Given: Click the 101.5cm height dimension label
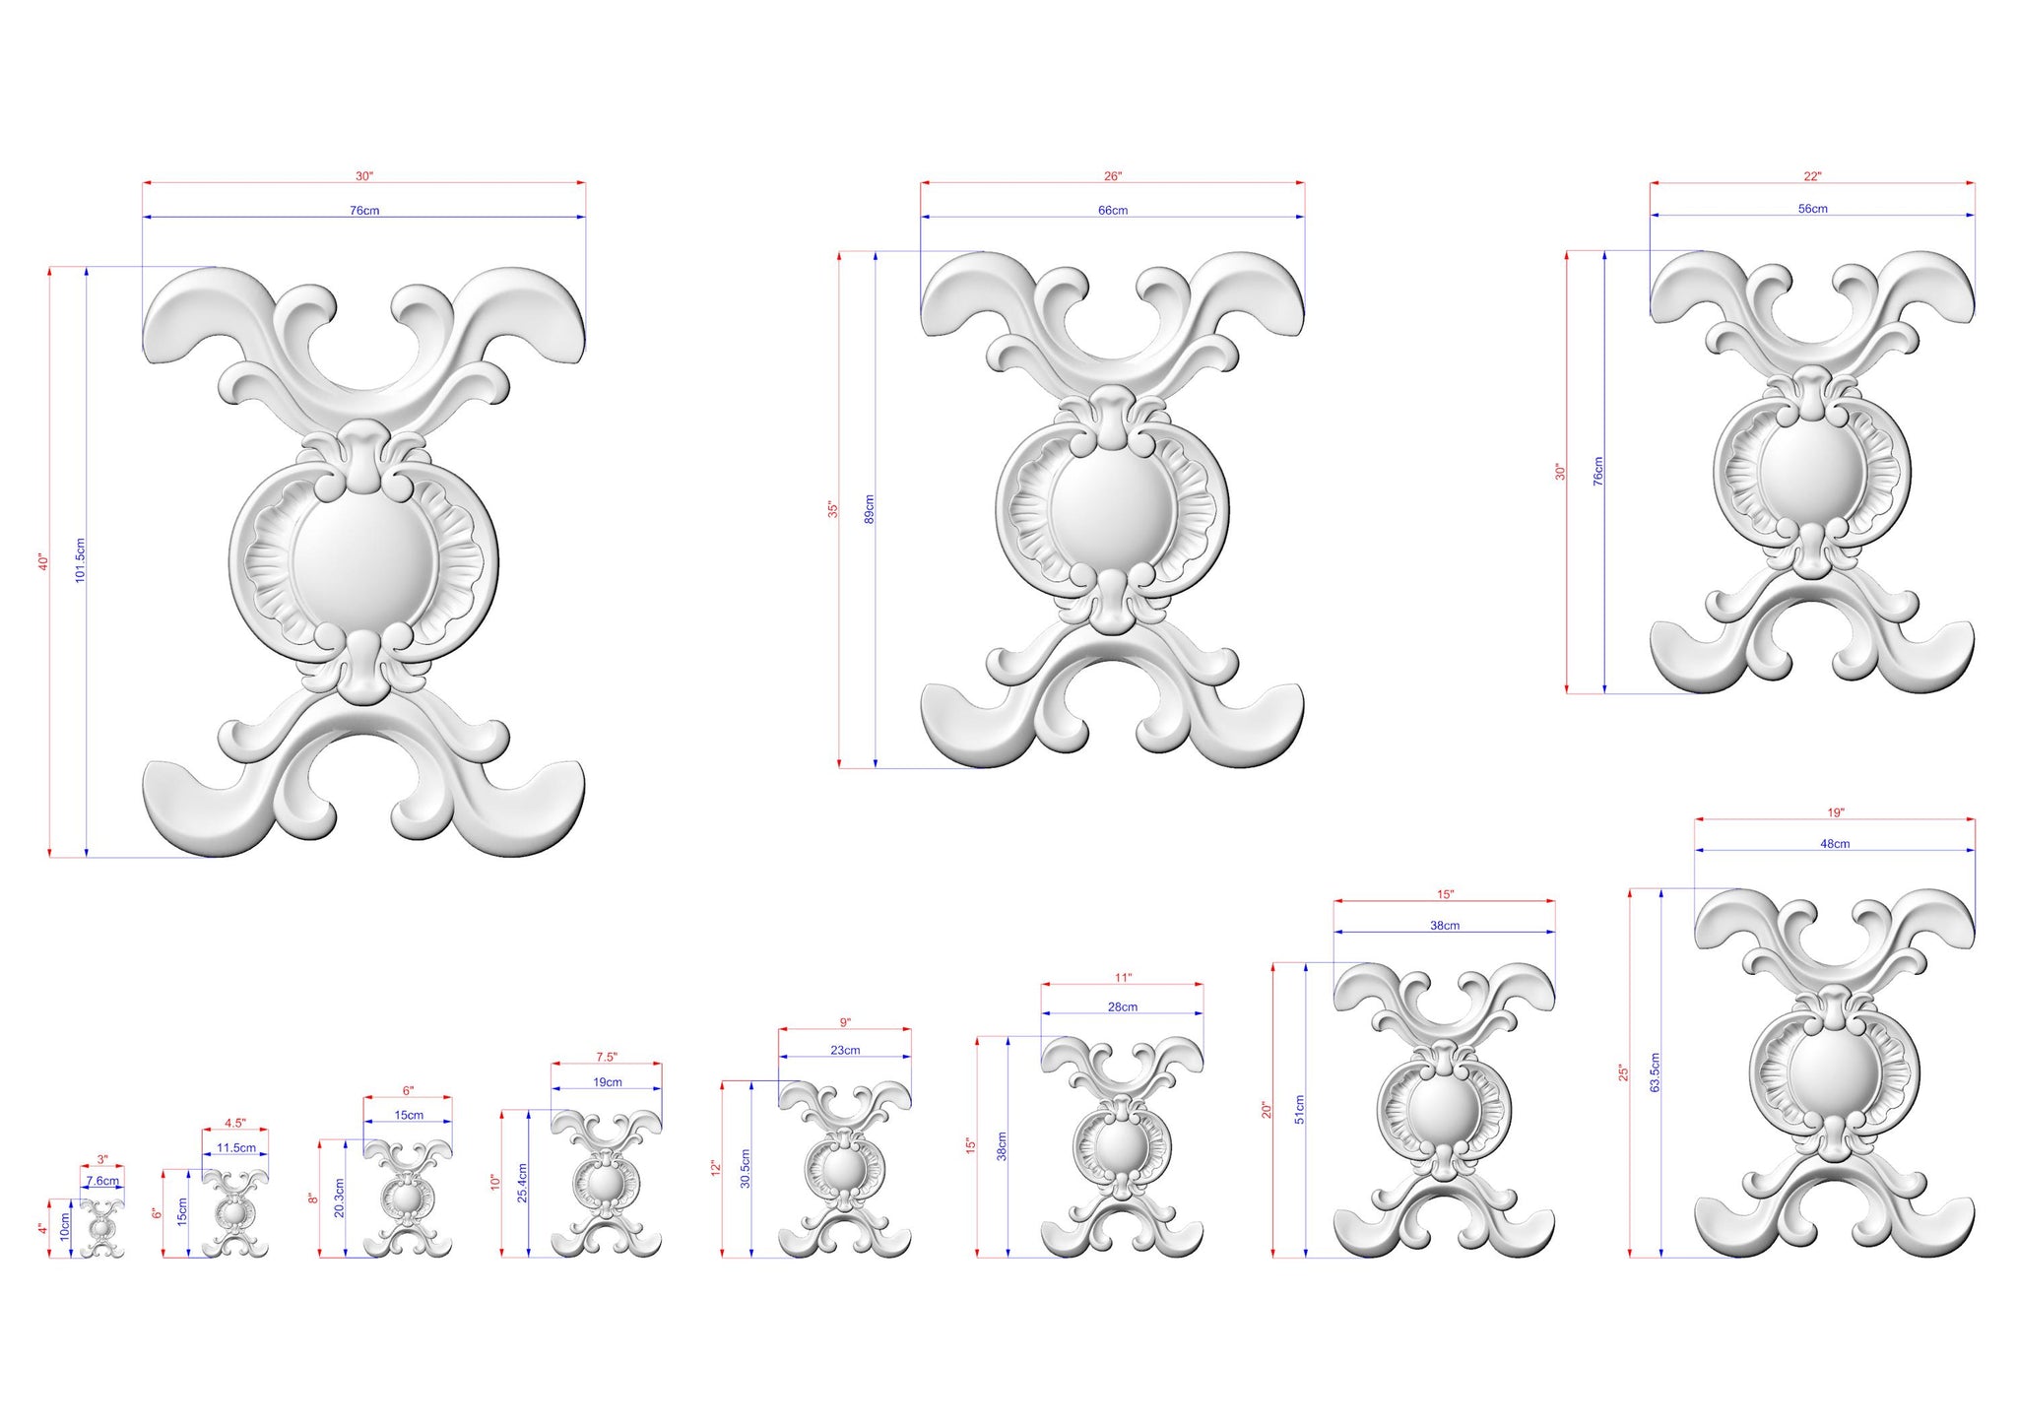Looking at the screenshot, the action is point(81,560).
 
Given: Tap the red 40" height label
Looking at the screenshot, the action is point(43,561).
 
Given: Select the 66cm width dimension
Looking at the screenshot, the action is point(1113,210).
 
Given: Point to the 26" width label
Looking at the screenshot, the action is point(1113,176).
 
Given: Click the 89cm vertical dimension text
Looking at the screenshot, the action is point(869,509).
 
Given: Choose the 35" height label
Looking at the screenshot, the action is point(832,509).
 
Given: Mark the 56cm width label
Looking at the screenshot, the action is point(1813,209).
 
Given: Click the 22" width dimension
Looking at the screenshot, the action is point(1813,176).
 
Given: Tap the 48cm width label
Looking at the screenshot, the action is point(1835,844).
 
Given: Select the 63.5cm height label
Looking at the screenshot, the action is point(1655,1072).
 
